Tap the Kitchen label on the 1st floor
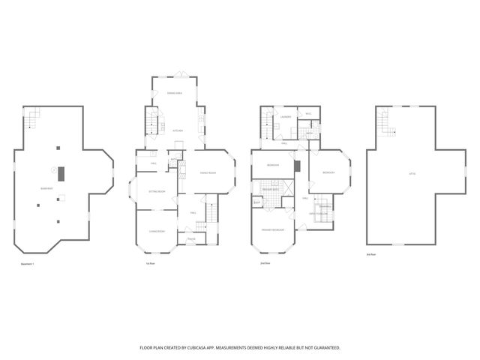(x=178, y=130)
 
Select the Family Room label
(x=208, y=173)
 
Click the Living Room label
(x=157, y=231)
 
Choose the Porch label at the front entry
(x=191, y=240)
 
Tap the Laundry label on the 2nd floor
(x=286, y=117)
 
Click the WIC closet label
(x=307, y=114)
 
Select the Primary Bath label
(x=270, y=190)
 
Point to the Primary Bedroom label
(x=272, y=229)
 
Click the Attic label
(x=412, y=174)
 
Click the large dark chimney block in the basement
(x=64, y=173)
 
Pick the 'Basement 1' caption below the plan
(x=28, y=263)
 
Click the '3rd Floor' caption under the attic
(x=370, y=255)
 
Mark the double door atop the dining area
(x=181, y=73)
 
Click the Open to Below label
(x=320, y=214)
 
